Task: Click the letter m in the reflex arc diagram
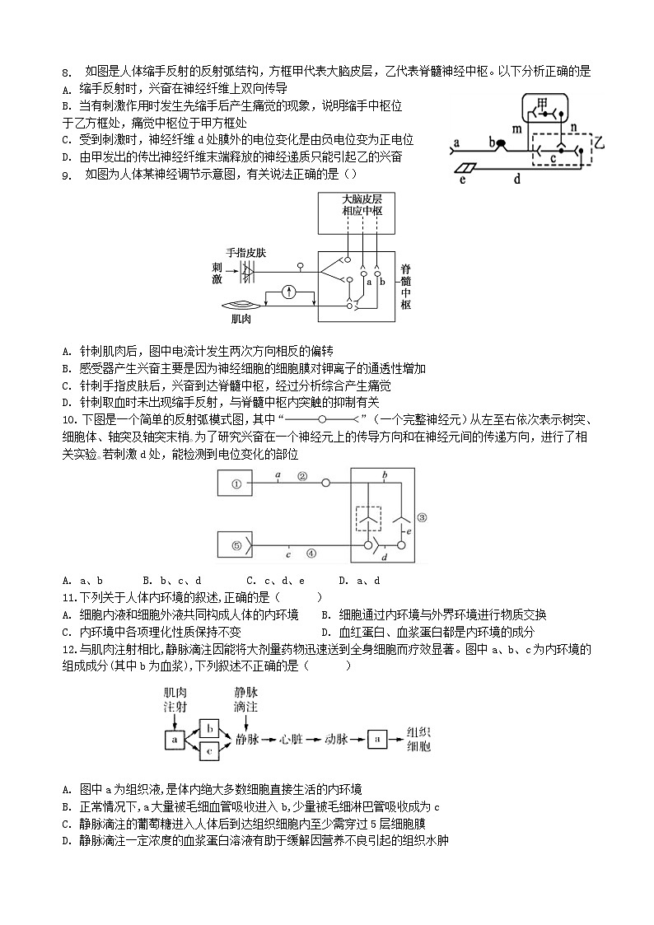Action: pos(516,128)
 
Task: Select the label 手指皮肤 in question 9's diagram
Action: pos(245,253)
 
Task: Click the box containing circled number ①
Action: pos(236,484)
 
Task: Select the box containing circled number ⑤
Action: pos(236,544)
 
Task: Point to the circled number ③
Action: pos(421,517)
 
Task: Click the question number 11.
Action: pos(68,597)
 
